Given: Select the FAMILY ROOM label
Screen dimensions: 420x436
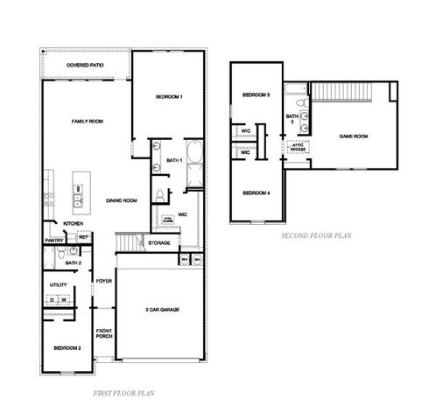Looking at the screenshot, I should (x=88, y=122).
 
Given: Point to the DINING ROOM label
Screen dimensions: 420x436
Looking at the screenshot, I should (x=122, y=201).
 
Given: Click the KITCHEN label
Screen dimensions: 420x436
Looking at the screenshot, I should (x=73, y=224).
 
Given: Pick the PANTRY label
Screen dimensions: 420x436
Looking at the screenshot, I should (x=53, y=241).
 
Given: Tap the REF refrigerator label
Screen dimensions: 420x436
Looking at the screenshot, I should (x=83, y=237).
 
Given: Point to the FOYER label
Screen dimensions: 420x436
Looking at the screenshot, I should (x=104, y=281).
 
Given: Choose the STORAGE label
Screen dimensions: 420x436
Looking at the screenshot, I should (x=158, y=242).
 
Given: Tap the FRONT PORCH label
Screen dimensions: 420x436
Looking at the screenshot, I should (x=103, y=334).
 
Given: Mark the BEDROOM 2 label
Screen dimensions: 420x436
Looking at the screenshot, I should (x=67, y=348).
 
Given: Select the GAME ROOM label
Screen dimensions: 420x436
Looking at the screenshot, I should (x=353, y=136).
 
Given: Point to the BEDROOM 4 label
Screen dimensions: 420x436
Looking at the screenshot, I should (x=256, y=192).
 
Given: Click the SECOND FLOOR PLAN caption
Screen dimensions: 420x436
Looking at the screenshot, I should (x=315, y=236).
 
